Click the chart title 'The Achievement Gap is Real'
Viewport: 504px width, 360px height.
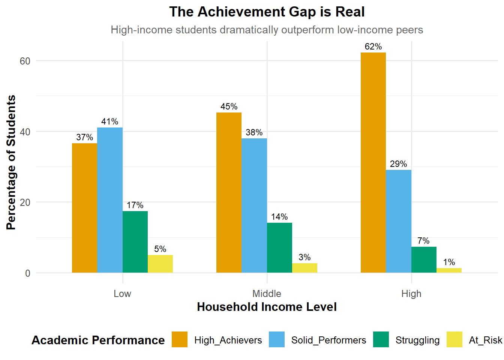coord(267,12)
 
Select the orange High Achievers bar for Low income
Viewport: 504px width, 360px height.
coord(84,208)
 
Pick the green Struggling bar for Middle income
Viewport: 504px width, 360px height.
coord(279,247)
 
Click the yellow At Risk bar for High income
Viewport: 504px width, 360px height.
coord(449,270)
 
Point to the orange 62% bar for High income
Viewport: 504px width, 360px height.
coord(373,162)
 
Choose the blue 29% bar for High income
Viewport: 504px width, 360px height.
coord(399,221)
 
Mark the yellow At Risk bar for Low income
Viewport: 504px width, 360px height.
coord(160,264)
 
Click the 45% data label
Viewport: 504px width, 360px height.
coord(229,107)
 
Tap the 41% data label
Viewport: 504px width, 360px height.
coord(109,122)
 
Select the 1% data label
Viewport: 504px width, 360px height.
coord(449,262)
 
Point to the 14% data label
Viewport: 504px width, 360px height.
coord(279,217)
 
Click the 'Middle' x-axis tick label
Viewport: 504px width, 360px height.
coord(267,294)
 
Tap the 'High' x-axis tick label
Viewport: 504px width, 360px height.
coord(411,294)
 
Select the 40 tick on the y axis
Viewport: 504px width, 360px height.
coord(25,132)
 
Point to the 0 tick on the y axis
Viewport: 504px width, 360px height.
coord(28,273)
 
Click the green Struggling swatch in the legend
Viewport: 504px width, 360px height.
coord(381,340)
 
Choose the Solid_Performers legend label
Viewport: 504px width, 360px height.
coord(328,340)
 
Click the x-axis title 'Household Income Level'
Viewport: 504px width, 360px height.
coord(267,307)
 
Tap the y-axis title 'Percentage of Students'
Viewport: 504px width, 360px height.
coord(11,162)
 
